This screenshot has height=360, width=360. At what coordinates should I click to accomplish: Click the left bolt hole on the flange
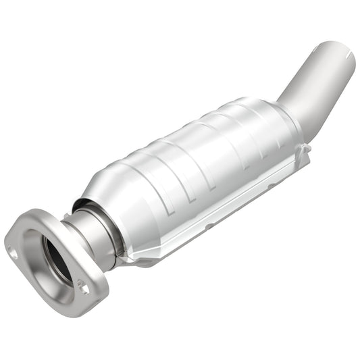click(13, 255)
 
